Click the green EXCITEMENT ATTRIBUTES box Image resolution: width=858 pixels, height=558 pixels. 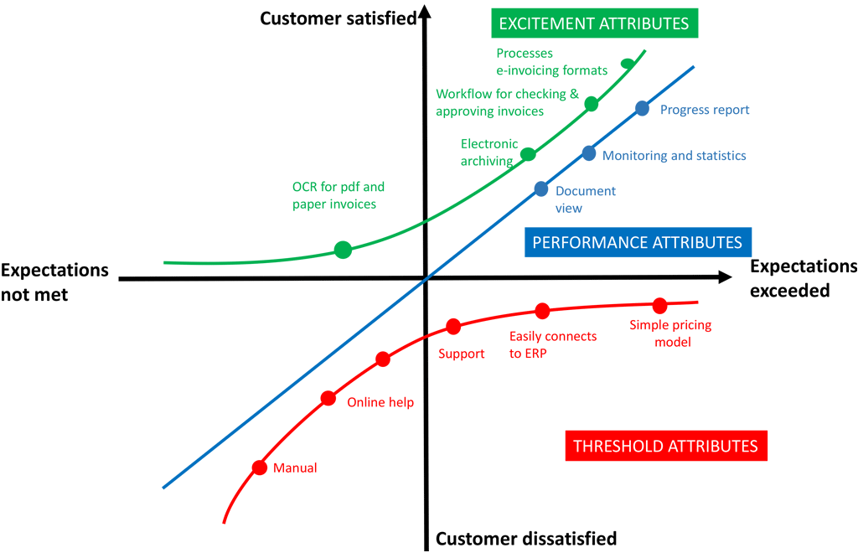click(593, 23)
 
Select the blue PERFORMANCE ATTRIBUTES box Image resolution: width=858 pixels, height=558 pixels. click(637, 242)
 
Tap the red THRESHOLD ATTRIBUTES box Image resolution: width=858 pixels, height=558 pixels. click(665, 446)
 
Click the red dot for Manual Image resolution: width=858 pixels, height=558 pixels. click(260, 468)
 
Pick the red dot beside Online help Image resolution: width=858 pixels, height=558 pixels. click(328, 398)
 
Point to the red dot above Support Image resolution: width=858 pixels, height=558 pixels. click(453, 326)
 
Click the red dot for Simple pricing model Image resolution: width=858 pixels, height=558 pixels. click(659, 305)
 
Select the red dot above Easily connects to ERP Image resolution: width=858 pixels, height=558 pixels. click(542, 311)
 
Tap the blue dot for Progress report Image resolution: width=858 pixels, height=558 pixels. click(642, 108)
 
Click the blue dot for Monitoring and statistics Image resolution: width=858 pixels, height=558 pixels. click(589, 153)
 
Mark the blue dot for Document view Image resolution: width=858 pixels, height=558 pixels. click(541, 189)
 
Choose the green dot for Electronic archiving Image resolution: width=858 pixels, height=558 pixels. click(529, 154)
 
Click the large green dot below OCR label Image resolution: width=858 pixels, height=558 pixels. click(343, 249)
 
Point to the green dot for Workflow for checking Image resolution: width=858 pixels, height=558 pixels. click(592, 104)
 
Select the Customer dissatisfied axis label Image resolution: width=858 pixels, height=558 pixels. click(526, 538)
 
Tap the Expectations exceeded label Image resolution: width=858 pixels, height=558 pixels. click(803, 278)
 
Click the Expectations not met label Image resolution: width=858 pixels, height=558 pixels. click(54, 282)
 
